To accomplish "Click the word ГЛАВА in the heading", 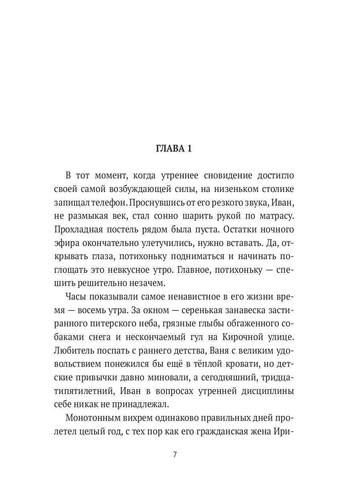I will (169, 148).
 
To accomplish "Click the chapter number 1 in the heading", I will (189, 148).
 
